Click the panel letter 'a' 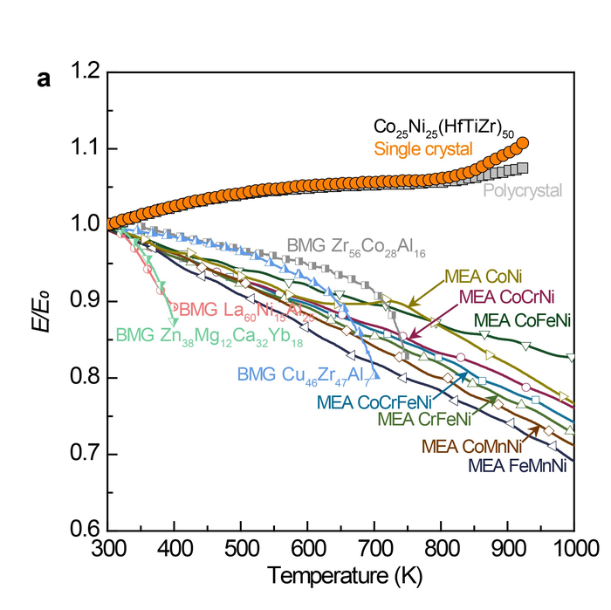[43, 79]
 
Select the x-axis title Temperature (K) [340, 577]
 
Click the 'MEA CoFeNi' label [522, 320]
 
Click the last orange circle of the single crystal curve [523, 143]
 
